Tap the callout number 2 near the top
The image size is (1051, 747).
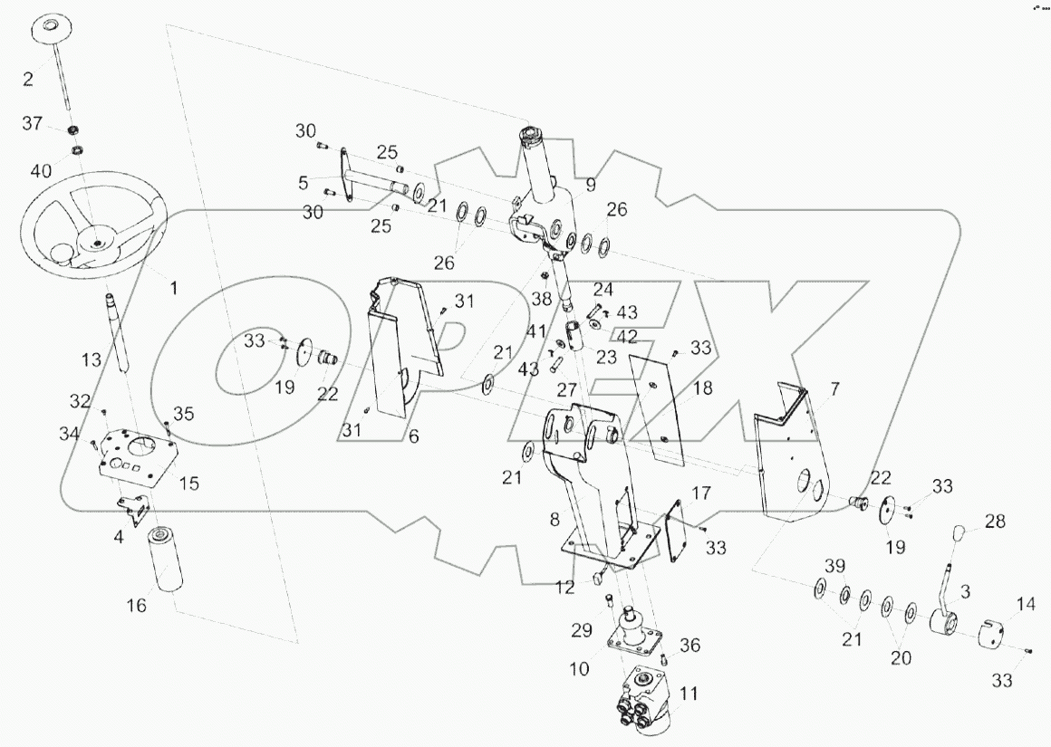coord(28,79)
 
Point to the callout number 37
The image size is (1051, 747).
coord(31,124)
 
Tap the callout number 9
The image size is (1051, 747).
coord(590,187)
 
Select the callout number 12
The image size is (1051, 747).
coord(565,589)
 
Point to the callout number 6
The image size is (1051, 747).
coord(412,436)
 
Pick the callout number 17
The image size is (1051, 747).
coord(701,494)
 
